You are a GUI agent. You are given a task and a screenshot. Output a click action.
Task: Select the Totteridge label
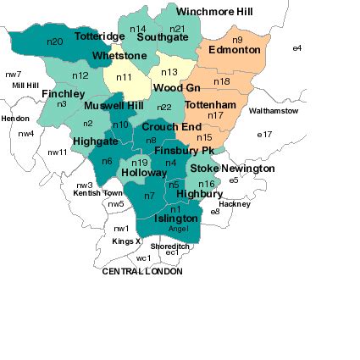coord(97,37)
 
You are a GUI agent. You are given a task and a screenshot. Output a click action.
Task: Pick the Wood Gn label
coord(176,88)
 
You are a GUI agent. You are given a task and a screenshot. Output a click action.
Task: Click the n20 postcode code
coord(56,41)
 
